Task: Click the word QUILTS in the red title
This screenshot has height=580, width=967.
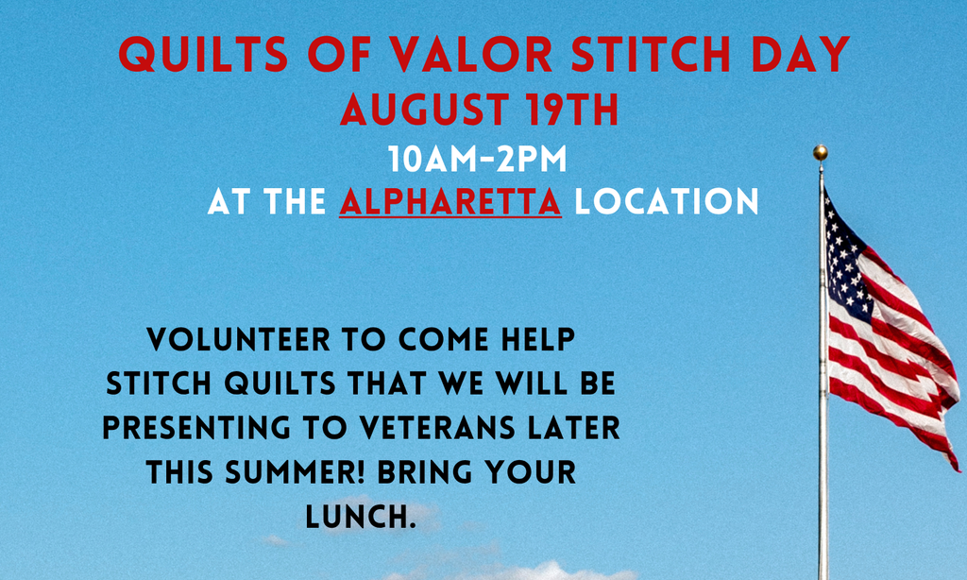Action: pyautogui.click(x=204, y=54)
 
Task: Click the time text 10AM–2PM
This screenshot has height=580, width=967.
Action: pyautogui.click(x=477, y=160)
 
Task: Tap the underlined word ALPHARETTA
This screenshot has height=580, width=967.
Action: pyautogui.click(x=450, y=202)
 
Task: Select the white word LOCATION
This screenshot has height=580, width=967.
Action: pyautogui.click(x=666, y=202)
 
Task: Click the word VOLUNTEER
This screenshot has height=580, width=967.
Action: pyautogui.click(x=239, y=339)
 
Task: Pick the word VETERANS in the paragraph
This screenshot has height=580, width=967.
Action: pyautogui.click(x=436, y=428)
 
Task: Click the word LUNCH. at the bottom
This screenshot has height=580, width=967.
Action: pyautogui.click(x=361, y=517)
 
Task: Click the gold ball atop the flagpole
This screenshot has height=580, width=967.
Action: pyautogui.click(x=821, y=152)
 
